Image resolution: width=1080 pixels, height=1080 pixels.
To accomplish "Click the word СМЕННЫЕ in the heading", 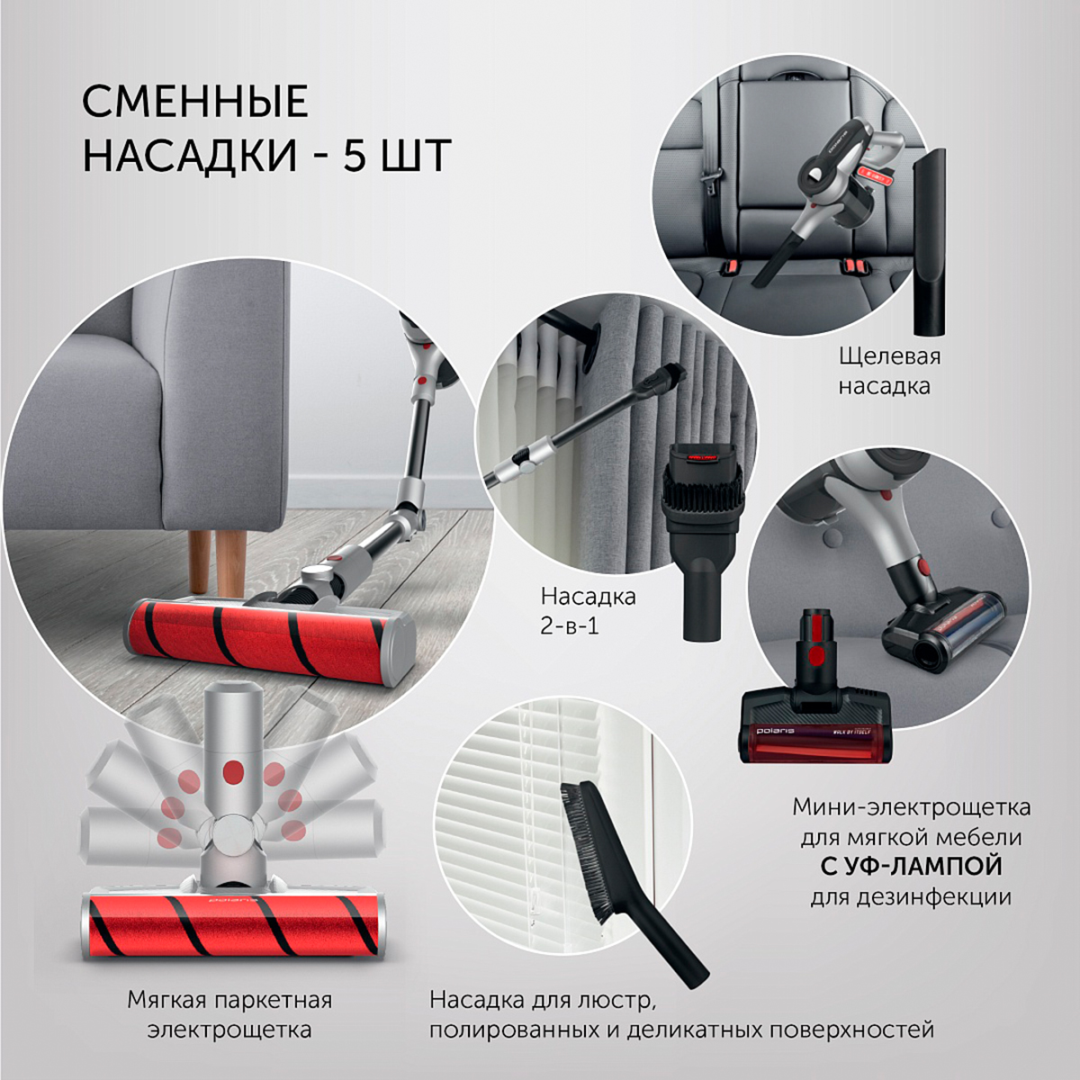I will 195,102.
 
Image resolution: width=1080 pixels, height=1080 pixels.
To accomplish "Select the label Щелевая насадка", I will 889,371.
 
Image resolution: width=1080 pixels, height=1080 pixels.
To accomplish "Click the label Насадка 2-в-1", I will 588,610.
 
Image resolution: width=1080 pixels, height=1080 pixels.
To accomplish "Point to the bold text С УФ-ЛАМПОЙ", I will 911,866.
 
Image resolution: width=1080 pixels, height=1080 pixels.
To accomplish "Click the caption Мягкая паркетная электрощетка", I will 229,1014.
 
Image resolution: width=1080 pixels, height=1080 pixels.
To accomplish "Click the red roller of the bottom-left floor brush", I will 234,925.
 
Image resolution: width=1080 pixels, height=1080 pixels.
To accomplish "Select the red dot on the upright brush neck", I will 233,770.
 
